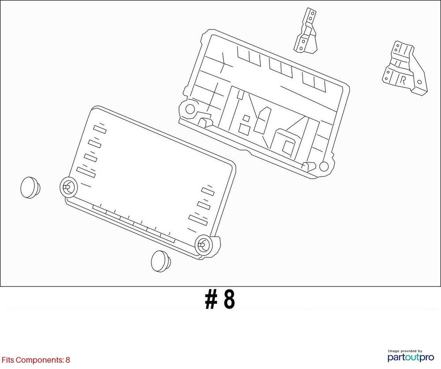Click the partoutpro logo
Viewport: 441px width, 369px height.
[411, 358]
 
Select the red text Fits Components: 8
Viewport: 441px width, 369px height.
[36, 360]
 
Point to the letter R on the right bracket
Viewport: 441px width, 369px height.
[403, 80]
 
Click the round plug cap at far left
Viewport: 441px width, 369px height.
[30, 188]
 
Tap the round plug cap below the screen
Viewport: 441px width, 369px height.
[161, 261]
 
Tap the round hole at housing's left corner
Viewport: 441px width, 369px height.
[190, 109]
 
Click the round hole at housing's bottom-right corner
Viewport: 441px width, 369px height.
[324, 166]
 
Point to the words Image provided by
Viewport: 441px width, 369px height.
[405, 351]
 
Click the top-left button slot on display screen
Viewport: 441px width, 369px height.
[100, 129]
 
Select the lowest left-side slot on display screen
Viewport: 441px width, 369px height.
[86, 172]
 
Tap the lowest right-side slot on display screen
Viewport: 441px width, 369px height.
[198, 220]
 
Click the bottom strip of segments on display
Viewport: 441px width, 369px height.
[134, 224]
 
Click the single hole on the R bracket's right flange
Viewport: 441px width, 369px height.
[419, 82]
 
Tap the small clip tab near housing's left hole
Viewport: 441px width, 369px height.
[206, 121]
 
